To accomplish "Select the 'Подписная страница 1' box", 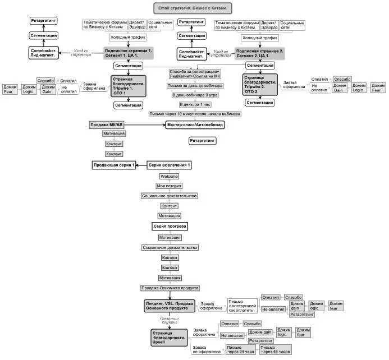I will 127,53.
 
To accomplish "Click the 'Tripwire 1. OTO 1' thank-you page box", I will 128,86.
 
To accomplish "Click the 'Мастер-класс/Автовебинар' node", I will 194,124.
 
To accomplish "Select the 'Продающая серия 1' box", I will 115,165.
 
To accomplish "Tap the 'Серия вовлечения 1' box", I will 170,165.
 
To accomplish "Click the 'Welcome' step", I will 169,176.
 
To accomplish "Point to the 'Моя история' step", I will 169,186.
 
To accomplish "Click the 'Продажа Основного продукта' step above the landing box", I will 170,288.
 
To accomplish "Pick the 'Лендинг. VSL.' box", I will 170,306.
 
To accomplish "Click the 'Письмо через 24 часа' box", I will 240,350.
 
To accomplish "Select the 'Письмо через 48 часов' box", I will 275,350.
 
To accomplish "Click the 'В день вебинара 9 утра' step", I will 195,95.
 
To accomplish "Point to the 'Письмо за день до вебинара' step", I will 195,86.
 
